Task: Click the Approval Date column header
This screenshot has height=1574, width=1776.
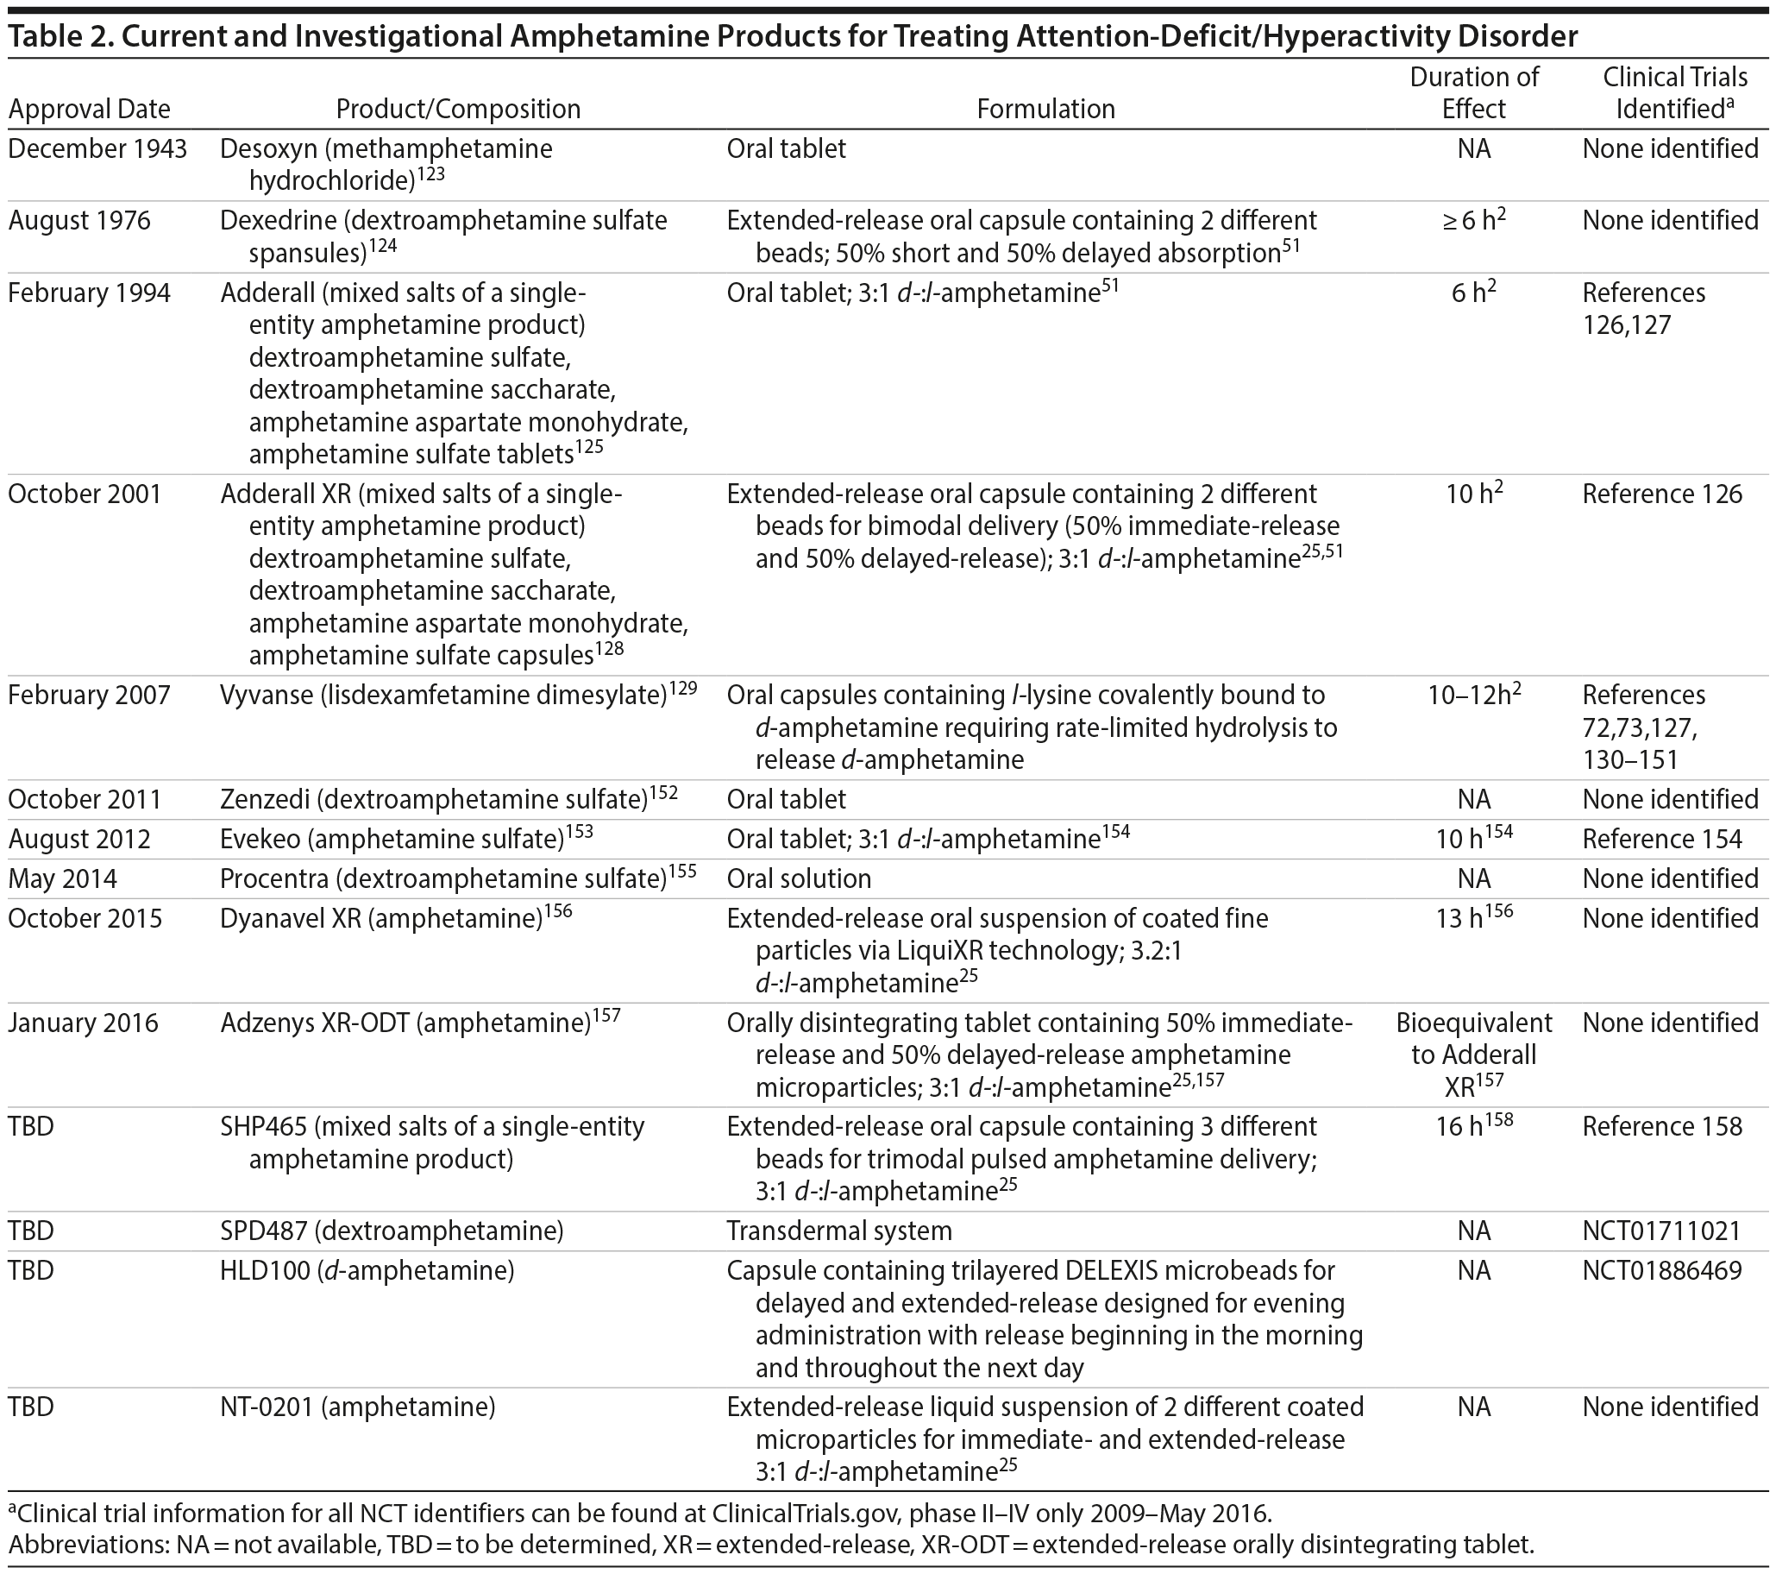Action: coord(90,110)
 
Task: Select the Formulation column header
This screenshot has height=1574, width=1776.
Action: coord(1045,110)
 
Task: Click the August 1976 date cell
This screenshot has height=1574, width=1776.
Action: coord(79,221)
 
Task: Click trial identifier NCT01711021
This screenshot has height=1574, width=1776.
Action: coord(1661,1231)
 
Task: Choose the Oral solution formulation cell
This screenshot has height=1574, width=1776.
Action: coord(799,879)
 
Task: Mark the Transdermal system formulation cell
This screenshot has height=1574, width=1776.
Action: coord(838,1231)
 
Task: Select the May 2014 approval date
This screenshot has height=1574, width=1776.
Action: coord(63,879)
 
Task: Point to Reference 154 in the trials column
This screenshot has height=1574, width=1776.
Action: coord(1661,840)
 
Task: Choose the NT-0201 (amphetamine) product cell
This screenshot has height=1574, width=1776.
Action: coord(357,1407)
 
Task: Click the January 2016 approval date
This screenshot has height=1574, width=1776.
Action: coord(84,1023)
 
